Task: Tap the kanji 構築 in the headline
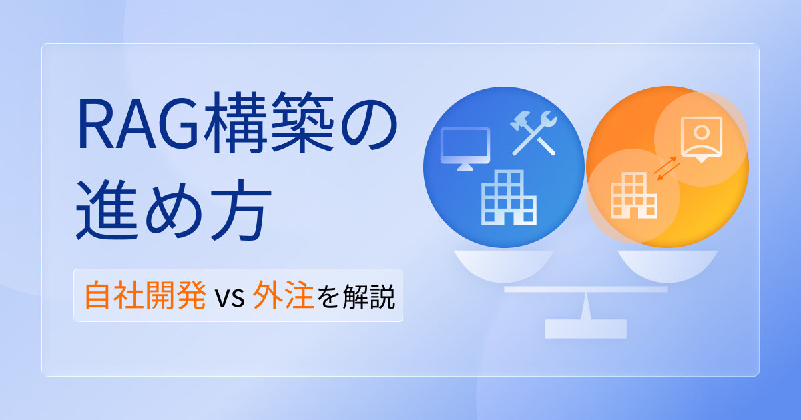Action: pyautogui.click(x=268, y=123)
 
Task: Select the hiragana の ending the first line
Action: pyautogui.click(x=369, y=125)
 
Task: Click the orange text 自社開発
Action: pyautogui.click(x=146, y=295)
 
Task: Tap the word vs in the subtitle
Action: pyautogui.click(x=230, y=297)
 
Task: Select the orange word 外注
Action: pyautogui.click(x=283, y=295)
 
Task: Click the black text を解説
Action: pyautogui.click(x=356, y=296)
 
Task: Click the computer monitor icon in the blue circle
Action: pyautogui.click(x=465, y=149)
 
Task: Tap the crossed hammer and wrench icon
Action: pyautogui.click(x=533, y=133)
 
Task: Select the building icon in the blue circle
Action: pyautogui.click(x=509, y=197)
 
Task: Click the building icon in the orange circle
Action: pyautogui.click(x=633, y=195)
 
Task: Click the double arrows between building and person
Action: pyautogui.click(x=667, y=168)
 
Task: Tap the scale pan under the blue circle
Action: pyautogui.click(x=503, y=266)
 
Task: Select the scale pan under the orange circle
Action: pyautogui.click(x=667, y=266)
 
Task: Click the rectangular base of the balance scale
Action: pyautogui.click(x=586, y=329)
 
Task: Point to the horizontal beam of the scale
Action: pyautogui.click(x=586, y=289)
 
